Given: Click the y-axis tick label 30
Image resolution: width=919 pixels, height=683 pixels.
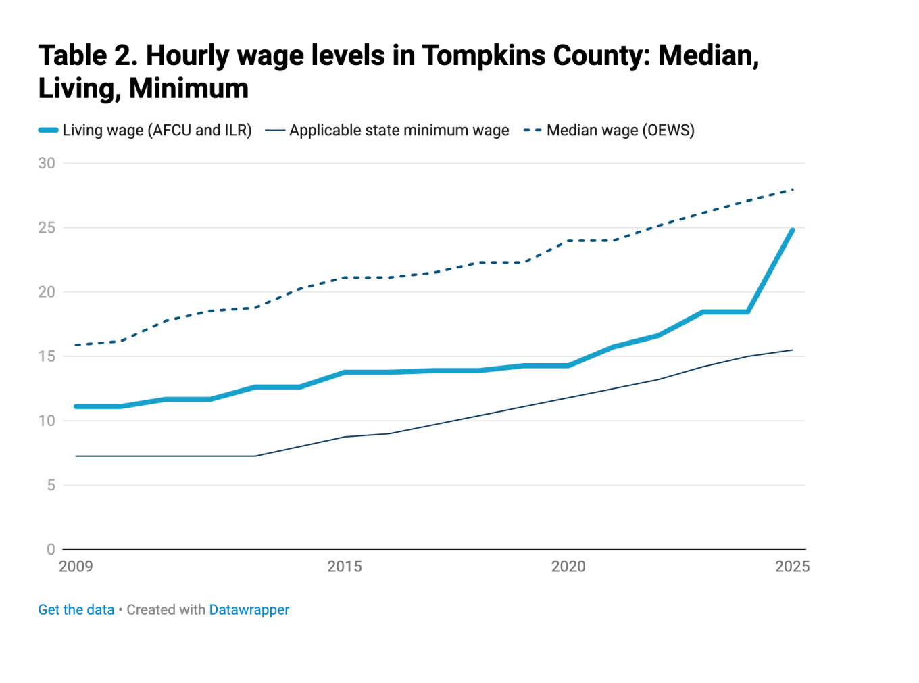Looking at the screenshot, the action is coord(47,163).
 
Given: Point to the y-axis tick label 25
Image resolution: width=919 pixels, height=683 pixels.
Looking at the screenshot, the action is coord(47,227).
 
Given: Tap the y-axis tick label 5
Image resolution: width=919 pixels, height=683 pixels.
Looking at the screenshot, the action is coord(51,485).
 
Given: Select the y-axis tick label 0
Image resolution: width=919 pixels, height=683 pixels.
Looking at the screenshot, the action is coord(51,549).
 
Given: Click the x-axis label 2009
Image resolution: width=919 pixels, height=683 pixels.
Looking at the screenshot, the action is coord(76,567).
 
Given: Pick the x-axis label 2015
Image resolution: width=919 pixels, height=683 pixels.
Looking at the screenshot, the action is coord(345,567).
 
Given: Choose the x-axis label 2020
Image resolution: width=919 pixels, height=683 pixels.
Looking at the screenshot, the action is coord(568,567).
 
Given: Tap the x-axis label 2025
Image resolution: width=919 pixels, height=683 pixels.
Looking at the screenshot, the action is coord(792,567).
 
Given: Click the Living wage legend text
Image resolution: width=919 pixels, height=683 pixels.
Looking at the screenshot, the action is coord(157,131).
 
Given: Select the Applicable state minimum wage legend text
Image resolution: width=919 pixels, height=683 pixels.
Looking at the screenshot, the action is coord(399,131).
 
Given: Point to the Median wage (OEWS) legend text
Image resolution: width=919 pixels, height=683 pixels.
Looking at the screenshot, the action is coord(620,131).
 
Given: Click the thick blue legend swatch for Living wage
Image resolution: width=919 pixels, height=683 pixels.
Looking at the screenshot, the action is coord(48,131).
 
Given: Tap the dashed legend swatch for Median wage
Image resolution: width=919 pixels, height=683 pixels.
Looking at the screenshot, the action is coord(532,131).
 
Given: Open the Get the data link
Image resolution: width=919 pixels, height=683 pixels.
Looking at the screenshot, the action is coord(76,609).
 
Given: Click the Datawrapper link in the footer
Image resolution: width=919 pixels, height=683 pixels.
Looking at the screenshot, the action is coord(249,609).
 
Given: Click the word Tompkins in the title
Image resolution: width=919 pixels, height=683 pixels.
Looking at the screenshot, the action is coord(484,55).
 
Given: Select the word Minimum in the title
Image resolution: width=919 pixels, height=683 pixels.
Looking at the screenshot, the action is coord(189,89).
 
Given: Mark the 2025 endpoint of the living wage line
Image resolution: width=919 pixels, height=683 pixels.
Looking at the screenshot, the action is coord(792,230).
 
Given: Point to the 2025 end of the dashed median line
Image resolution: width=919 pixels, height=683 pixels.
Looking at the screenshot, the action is coord(792,189).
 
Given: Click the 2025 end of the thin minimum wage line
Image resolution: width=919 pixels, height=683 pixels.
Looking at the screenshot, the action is coord(792,350).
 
